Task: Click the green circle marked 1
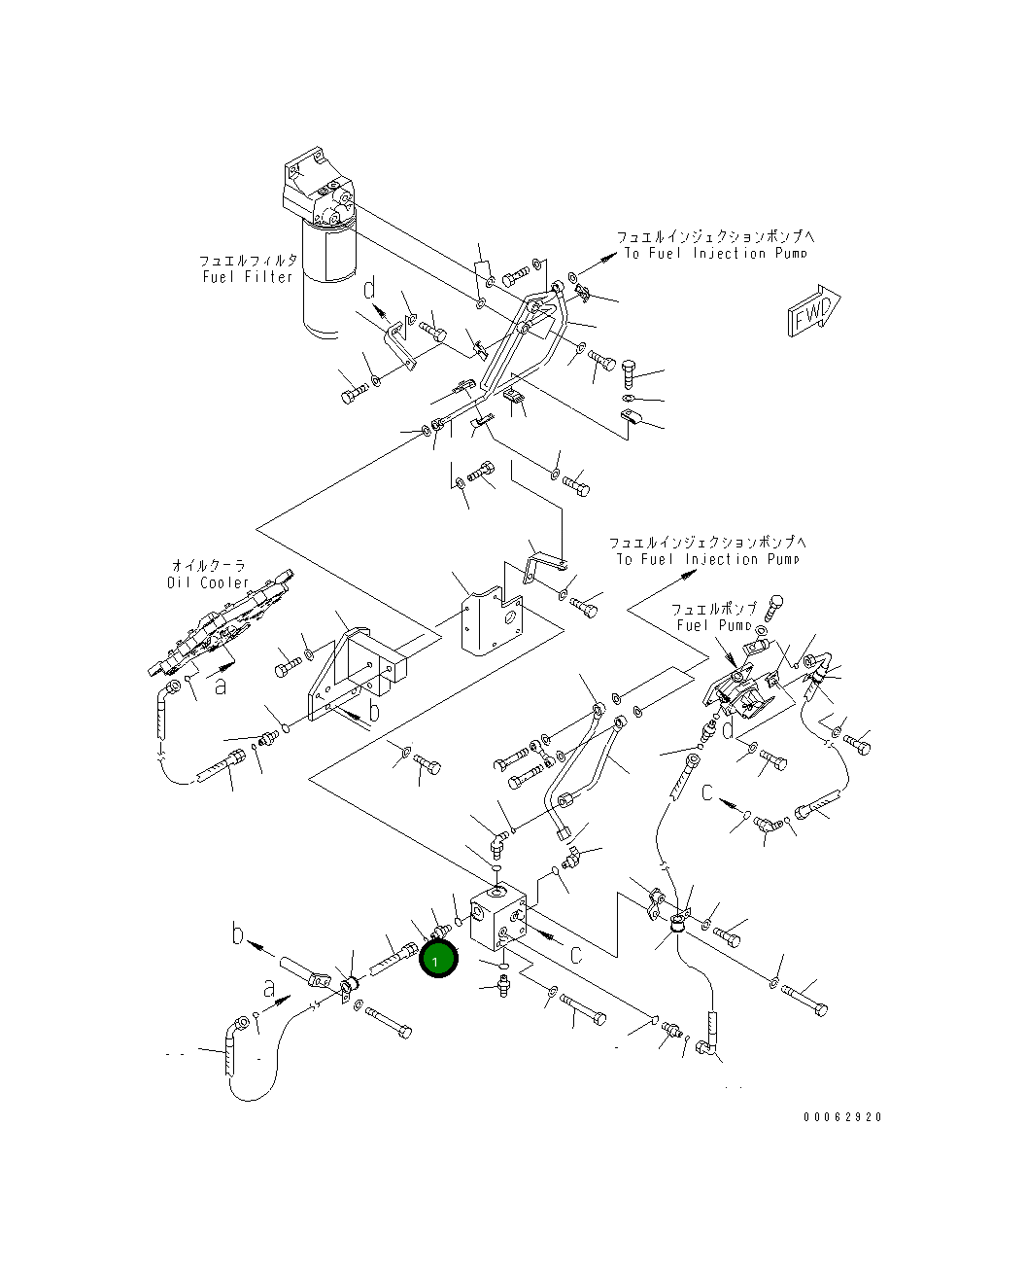pyautogui.click(x=437, y=961)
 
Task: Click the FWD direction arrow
pyautogui.click(x=812, y=310)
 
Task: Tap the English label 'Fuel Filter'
pyautogui.click(x=248, y=277)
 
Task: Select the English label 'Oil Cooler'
pyautogui.click(x=207, y=582)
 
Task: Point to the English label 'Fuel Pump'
pyautogui.click(x=719, y=625)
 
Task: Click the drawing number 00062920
pyautogui.click(x=842, y=1117)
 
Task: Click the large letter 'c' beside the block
pyautogui.click(x=575, y=954)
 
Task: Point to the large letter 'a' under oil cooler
pyautogui.click(x=222, y=686)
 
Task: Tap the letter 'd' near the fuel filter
pyautogui.click(x=370, y=291)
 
